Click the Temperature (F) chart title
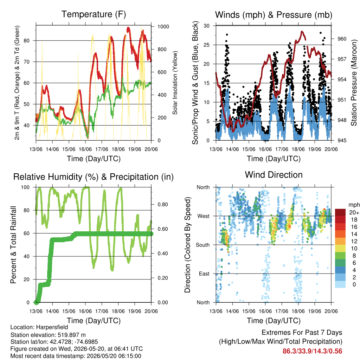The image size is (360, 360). pyautogui.click(x=94, y=14)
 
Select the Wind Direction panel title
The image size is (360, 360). pyautogui.click(x=274, y=175)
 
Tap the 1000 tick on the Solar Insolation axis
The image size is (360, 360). pyautogui.click(x=163, y=27)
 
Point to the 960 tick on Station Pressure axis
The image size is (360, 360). pyautogui.click(x=342, y=39)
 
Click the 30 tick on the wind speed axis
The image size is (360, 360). pyautogui.click(x=207, y=26)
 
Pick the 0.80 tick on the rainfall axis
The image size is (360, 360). pyautogui.click(x=163, y=205)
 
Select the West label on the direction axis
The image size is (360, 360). pyautogui.click(x=204, y=216)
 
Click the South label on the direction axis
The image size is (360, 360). pyautogui.click(x=203, y=245)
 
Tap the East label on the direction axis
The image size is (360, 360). pyautogui.click(x=204, y=274)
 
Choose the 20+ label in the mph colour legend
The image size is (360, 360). pyautogui.click(x=354, y=212)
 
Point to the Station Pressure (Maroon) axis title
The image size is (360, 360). pyautogui.click(x=354, y=83)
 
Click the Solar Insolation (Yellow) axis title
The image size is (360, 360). pyautogui.click(x=175, y=83)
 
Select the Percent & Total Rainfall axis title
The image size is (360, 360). pyautogui.click(x=13, y=245)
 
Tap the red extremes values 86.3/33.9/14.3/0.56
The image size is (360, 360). pyautogui.click(x=312, y=351)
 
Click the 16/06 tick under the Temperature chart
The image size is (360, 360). pyautogui.click(x=85, y=149)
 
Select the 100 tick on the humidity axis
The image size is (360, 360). pyautogui.click(x=25, y=187)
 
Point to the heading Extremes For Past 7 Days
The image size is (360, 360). pyautogui.click(x=302, y=333)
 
